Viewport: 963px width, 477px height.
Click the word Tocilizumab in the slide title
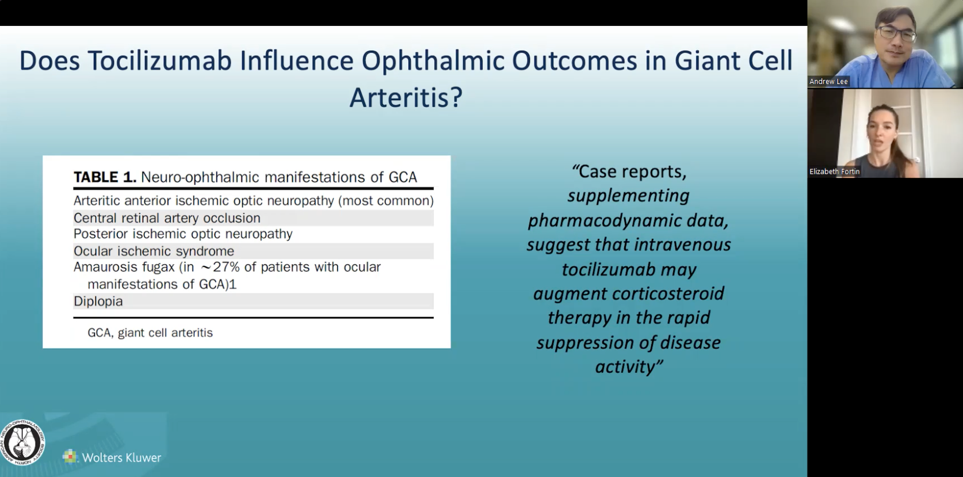coord(162,61)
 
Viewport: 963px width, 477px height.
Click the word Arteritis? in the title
coord(406,97)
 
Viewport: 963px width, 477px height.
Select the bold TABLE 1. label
coord(105,177)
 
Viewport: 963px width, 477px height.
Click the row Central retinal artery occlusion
coord(167,218)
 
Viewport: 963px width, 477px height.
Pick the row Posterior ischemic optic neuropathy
coord(183,234)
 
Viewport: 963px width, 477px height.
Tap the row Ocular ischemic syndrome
coord(154,251)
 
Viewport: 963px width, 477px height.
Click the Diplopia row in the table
coord(98,302)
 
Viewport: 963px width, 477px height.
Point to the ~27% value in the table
coord(219,268)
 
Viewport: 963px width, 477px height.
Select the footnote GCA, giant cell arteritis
coord(150,333)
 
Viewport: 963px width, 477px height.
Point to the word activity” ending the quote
coord(629,367)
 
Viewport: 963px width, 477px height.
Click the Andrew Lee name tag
coord(828,82)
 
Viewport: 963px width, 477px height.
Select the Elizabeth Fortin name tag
coord(834,171)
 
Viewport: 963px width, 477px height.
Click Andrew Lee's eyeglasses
coord(897,33)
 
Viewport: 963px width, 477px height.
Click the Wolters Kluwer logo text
coord(121,458)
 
